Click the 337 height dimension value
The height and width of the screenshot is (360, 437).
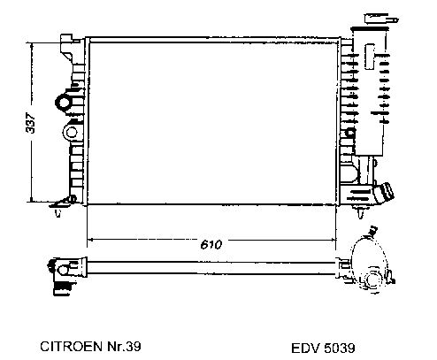(30, 122)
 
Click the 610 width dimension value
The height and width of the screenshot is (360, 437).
(211, 244)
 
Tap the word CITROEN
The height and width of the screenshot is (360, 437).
(72, 346)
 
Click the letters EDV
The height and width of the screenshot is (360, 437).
(305, 349)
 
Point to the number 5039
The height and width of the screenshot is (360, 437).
(339, 349)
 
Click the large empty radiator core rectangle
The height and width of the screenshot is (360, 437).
(212, 123)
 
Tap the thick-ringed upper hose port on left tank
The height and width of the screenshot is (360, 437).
(64, 102)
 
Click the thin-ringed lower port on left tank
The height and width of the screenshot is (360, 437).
(71, 133)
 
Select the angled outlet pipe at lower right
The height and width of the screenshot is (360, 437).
(383, 192)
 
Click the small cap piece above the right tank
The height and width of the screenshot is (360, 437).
(381, 19)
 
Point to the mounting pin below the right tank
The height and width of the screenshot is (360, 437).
(360, 213)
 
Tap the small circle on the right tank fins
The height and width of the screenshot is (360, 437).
(350, 132)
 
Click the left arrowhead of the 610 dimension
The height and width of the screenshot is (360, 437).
(90, 240)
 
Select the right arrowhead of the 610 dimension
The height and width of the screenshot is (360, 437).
(333, 240)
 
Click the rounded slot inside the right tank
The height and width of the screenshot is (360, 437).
(370, 57)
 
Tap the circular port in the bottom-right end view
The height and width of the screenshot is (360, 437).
(372, 280)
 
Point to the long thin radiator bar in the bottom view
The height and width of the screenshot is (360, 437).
(211, 268)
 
